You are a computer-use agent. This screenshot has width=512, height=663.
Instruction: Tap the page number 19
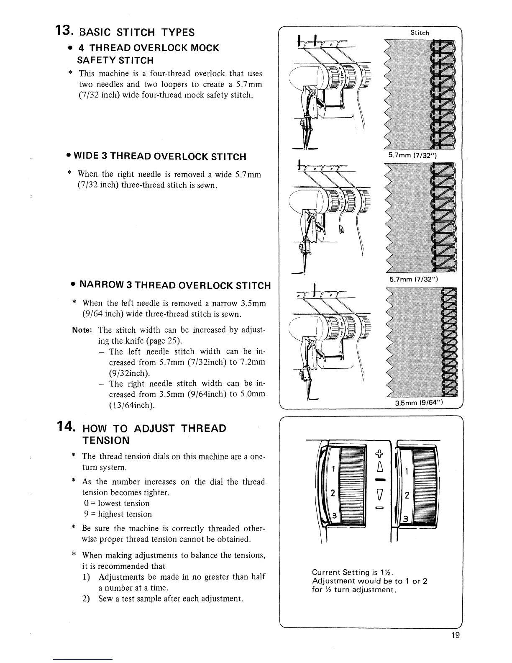(x=456, y=647)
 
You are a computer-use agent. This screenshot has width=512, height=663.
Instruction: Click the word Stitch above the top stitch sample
(x=420, y=33)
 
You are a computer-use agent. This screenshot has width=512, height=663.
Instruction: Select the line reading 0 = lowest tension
(x=115, y=503)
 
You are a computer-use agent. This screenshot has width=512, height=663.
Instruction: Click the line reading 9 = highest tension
(x=117, y=514)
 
